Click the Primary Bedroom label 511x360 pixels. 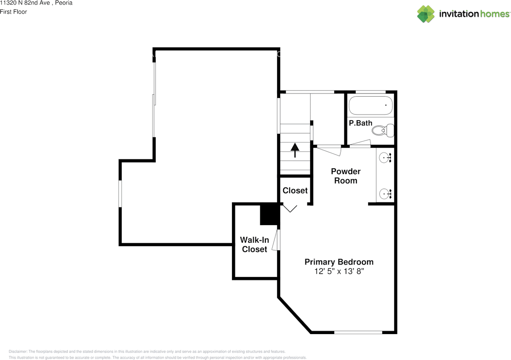pyautogui.click(x=339, y=262)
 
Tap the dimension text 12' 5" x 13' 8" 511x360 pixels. pyautogui.click(x=339, y=272)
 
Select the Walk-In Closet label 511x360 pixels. pyautogui.click(x=254, y=245)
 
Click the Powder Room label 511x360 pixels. pyautogui.click(x=345, y=176)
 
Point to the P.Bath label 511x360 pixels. pyautogui.click(x=360, y=123)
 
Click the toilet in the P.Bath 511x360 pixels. pyautogui.click(x=383, y=130)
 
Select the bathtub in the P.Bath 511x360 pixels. pyautogui.click(x=370, y=106)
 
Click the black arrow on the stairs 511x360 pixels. pyautogui.click(x=295, y=150)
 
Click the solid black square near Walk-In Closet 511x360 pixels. pyautogui.click(x=269, y=215)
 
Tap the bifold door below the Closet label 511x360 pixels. pyautogui.click(x=290, y=208)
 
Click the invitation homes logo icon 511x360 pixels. pyautogui.click(x=426, y=14)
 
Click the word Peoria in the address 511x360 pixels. pyautogui.click(x=64, y=3)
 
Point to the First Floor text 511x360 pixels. pyautogui.click(x=14, y=12)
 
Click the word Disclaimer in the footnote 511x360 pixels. pyautogui.click(x=18, y=351)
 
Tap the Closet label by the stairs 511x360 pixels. pyautogui.click(x=295, y=190)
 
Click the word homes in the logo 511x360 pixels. pyautogui.click(x=495, y=14)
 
